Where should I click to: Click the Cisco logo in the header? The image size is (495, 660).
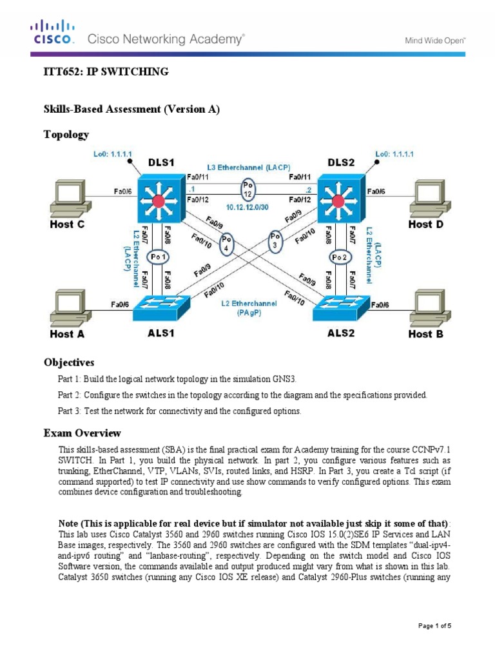point(53,32)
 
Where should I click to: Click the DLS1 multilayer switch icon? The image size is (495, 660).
point(160,196)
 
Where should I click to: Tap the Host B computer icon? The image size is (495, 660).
point(428,307)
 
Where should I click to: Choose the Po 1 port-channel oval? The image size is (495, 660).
point(159,258)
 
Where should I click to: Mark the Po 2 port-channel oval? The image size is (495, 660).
point(340,258)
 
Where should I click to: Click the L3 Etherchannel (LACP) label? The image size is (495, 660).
point(249,167)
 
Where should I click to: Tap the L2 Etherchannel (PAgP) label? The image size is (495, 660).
point(250,307)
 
